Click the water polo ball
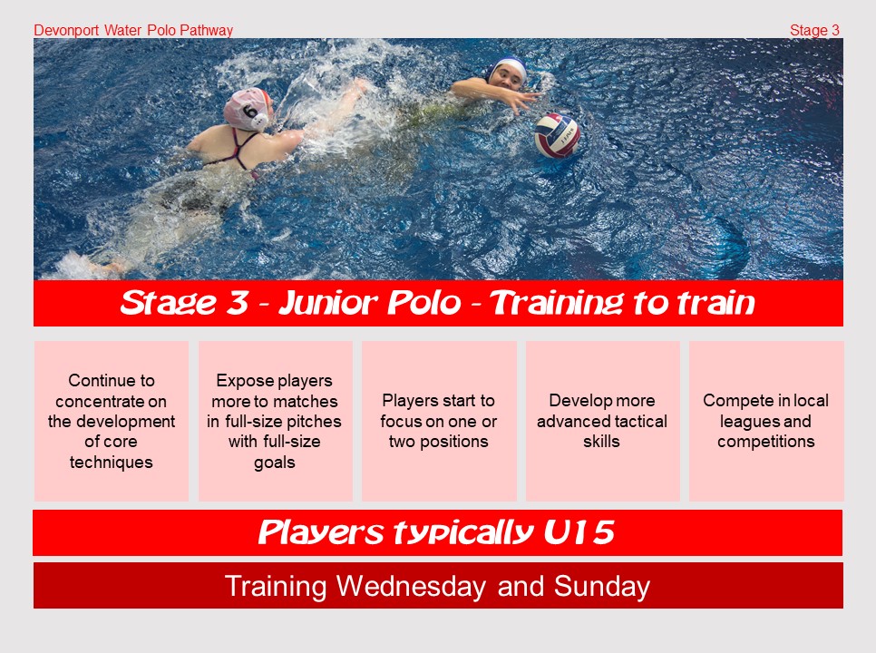tap(557, 136)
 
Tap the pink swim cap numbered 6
tap(248, 109)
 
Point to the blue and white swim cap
tap(507, 69)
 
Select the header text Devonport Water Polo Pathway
tap(133, 30)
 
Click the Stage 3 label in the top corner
tap(814, 30)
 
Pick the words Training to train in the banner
tap(622, 303)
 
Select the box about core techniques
tap(112, 421)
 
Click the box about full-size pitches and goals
tap(275, 421)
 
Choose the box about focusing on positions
tap(439, 421)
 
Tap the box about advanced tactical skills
tap(602, 421)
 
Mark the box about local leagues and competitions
tap(766, 421)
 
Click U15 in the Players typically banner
tap(579, 531)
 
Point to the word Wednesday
tap(411, 587)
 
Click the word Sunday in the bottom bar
tap(602, 587)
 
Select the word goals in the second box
tap(274, 463)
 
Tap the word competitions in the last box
tap(766, 442)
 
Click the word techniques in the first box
tap(112, 463)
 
